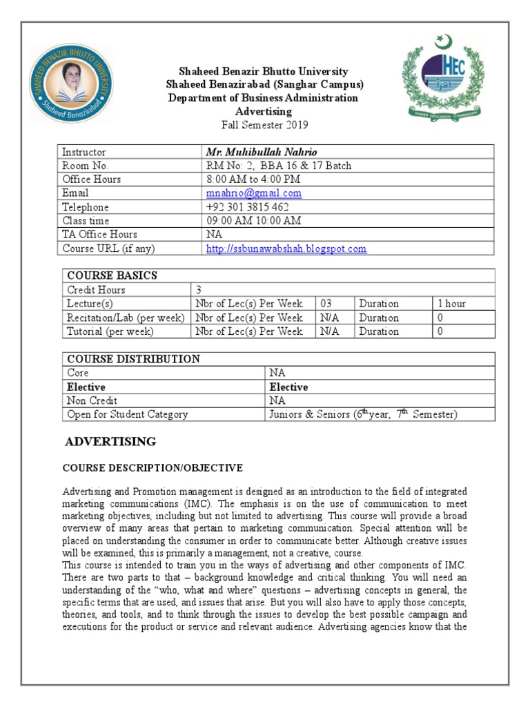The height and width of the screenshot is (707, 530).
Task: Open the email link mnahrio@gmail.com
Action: pyautogui.click(x=253, y=193)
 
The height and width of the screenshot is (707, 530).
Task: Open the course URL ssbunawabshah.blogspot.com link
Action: pyautogui.click(x=286, y=249)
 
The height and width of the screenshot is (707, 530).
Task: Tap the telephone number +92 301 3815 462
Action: pyautogui.click(x=247, y=207)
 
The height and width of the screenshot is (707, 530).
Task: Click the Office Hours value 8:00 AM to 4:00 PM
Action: pyautogui.click(x=254, y=180)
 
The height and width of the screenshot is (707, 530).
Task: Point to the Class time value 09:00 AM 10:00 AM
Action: pyautogui.click(x=253, y=221)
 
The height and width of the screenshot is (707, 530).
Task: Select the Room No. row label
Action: pyautogui.click(x=86, y=166)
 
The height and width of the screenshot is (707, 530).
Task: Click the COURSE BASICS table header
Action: pyautogui.click(x=110, y=275)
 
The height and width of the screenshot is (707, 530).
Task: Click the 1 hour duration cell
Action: pyautogui.click(x=452, y=304)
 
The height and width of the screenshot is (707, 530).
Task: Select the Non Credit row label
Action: pyautogui.click(x=92, y=400)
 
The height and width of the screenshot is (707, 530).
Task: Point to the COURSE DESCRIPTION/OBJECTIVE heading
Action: pyautogui.click(x=153, y=468)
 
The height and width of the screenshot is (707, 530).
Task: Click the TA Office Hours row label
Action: pyautogui.click(x=99, y=235)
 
